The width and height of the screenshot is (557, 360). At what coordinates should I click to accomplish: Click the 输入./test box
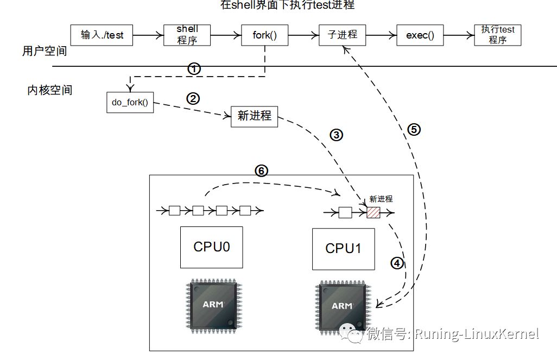(x=102, y=35)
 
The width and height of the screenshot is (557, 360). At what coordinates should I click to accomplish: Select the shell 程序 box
(x=187, y=35)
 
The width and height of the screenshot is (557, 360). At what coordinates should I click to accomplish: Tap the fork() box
(x=264, y=35)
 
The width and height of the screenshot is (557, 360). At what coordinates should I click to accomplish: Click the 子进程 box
(x=343, y=35)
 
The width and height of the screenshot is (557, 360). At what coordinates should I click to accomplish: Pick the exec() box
(x=420, y=35)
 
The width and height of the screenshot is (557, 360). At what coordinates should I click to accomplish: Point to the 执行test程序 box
(x=497, y=35)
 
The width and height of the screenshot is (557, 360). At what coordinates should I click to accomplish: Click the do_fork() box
(x=130, y=103)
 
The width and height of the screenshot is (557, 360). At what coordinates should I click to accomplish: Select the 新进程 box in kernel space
(x=254, y=116)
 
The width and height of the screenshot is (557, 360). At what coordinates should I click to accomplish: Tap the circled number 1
(x=194, y=69)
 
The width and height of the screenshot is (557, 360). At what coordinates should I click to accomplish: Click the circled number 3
(x=336, y=135)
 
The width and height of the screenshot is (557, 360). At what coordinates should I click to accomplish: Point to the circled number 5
(x=414, y=129)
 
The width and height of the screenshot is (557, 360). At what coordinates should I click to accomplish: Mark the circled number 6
(x=261, y=170)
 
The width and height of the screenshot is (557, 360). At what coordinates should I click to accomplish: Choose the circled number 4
(x=397, y=263)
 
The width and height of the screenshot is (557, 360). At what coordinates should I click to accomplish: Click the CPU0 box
(x=211, y=247)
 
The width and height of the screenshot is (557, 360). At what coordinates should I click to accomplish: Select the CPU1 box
(x=343, y=249)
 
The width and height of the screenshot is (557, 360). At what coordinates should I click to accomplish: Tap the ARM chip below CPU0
(x=212, y=304)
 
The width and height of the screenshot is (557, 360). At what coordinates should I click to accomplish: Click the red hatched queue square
(x=373, y=212)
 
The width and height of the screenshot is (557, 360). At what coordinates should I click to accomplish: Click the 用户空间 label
(x=45, y=52)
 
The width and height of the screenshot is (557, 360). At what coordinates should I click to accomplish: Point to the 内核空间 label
(x=49, y=90)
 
